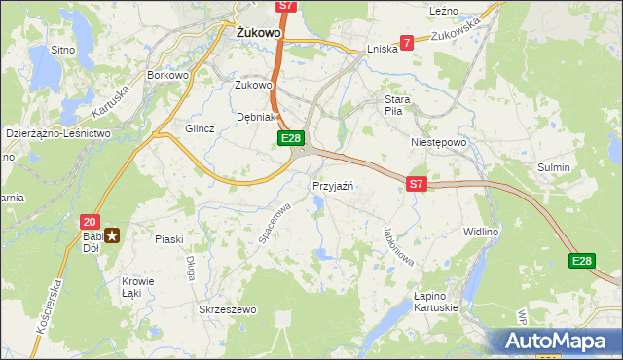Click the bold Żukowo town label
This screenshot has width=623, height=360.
pyautogui.click(x=259, y=32)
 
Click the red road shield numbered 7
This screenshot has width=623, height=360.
pyautogui.click(x=407, y=43)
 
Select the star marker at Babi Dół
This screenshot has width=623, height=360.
pyautogui.click(x=113, y=234)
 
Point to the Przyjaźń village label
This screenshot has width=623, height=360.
pyautogui.click(x=332, y=185)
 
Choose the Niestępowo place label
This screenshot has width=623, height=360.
pyautogui.click(x=439, y=141)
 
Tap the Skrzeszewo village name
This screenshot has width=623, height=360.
pyautogui.click(x=227, y=309)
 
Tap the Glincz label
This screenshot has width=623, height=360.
pyautogui.click(x=199, y=128)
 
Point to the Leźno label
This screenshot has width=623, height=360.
pyautogui.click(x=443, y=10)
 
